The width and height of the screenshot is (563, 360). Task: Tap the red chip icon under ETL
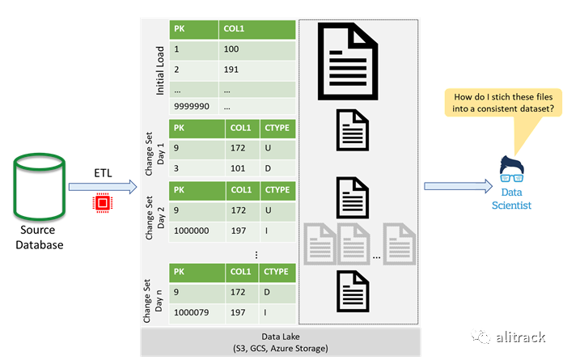103,203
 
